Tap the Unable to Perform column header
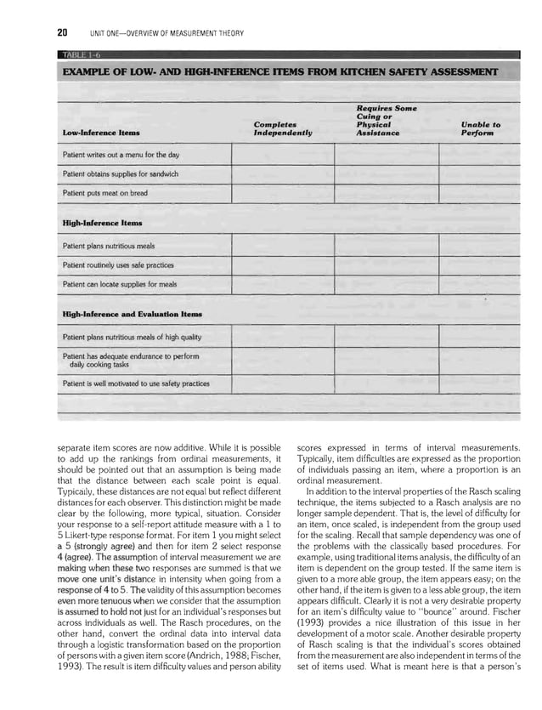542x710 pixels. tap(480, 129)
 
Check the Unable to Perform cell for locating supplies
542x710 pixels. tap(480, 284)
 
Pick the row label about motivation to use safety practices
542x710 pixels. tap(136, 383)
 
